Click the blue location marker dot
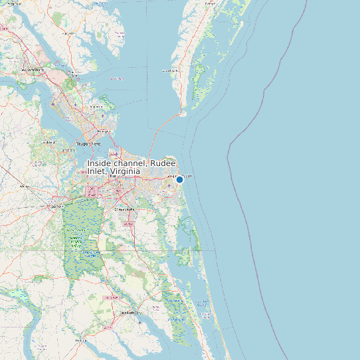click(x=179, y=179)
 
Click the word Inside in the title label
click(x=102, y=163)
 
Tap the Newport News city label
click(x=90, y=143)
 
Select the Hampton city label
click(x=102, y=131)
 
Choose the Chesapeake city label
click(x=124, y=209)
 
